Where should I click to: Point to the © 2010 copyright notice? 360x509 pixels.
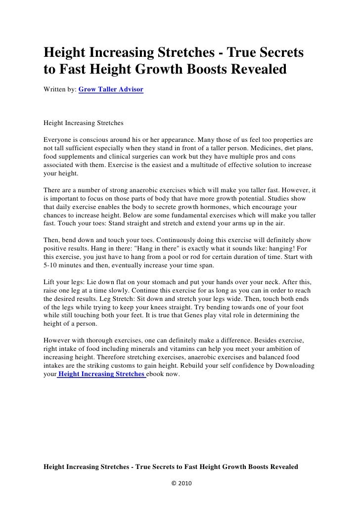point(180,482)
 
